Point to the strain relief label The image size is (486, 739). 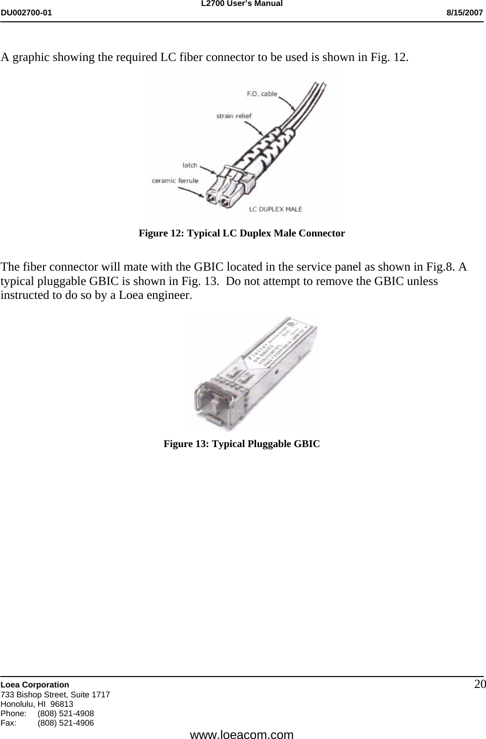tap(234, 116)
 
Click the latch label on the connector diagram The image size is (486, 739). tap(190, 165)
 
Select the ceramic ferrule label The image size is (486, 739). tap(175, 180)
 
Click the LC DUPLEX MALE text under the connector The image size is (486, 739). tap(275, 209)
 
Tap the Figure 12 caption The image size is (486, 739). tap(242, 233)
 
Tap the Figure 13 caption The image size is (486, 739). tap(242, 444)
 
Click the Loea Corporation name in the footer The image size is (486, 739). tap(35, 684)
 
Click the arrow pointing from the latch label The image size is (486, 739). tap(207, 170)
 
